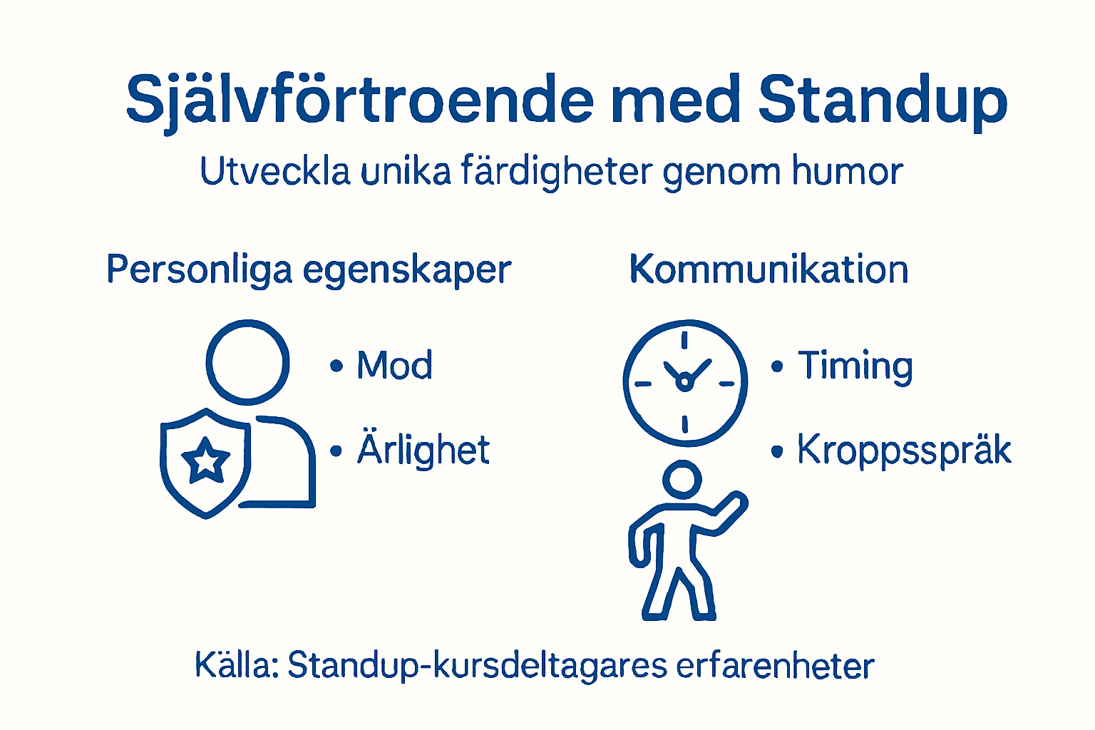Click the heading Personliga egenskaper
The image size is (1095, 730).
click(x=309, y=270)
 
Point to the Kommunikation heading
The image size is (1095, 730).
click(x=768, y=270)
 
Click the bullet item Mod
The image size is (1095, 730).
click(x=394, y=366)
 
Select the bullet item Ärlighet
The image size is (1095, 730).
click(x=423, y=450)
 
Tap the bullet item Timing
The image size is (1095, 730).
click(x=855, y=366)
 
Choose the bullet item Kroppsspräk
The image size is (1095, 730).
click(x=904, y=451)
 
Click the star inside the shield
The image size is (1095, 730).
click(x=206, y=460)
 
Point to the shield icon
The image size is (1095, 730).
click(x=205, y=463)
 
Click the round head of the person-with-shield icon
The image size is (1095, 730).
click(x=247, y=362)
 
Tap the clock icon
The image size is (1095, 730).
click(x=685, y=383)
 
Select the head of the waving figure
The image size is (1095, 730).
click(x=682, y=479)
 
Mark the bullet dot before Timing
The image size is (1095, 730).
click(x=777, y=367)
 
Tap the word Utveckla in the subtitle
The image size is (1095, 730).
click(x=275, y=172)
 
